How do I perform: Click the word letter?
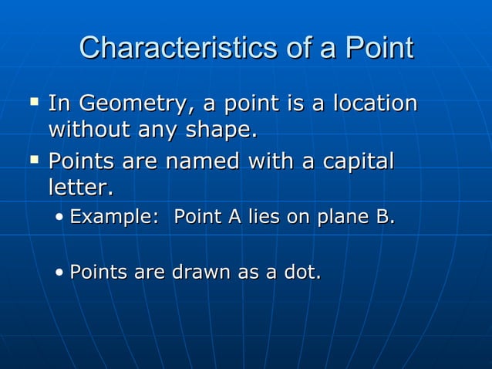pos(80,188)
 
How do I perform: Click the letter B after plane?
pos(383,218)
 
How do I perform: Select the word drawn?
pos(194,272)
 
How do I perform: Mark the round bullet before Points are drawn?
pos(60,273)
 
